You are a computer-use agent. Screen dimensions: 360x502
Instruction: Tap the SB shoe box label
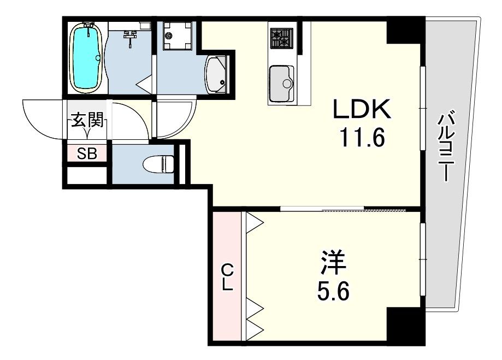tap(87, 154)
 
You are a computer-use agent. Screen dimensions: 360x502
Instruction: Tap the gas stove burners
tap(282, 38)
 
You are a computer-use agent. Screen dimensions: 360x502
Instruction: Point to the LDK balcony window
tap(422, 109)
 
